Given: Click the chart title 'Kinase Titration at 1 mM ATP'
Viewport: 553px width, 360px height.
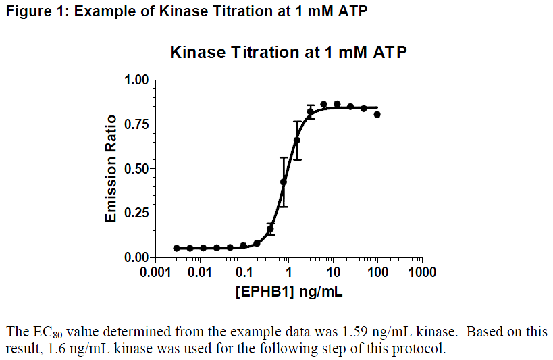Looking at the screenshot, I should point(288,52).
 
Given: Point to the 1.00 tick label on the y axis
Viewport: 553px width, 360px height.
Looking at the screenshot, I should point(136,80).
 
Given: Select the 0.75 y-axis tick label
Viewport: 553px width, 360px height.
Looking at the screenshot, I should point(136,124).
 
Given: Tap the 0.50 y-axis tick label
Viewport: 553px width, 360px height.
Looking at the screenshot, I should point(136,169).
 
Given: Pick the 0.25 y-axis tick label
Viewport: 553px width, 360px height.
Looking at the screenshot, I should point(136,213).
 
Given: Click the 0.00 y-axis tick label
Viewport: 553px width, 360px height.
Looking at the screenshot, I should point(136,257).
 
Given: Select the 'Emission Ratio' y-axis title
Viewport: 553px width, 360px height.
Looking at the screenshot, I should point(111,169).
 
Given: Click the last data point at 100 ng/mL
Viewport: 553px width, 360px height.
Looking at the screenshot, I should point(377,115).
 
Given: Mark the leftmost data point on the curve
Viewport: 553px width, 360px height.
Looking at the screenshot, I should point(177,249).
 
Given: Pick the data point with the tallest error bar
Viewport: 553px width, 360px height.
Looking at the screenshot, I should point(284,182).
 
